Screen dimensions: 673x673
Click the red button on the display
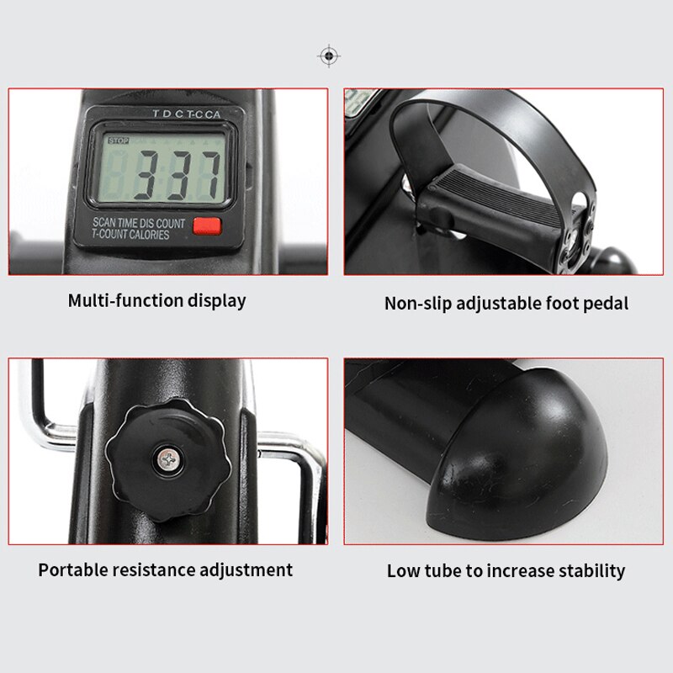click(205, 225)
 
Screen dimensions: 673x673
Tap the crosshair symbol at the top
click(328, 56)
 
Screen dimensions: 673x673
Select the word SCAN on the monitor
click(108, 222)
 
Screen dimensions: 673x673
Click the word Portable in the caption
click(72, 570)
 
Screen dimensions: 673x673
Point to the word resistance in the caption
click(152, 570)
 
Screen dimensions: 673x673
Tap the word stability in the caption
click(591, 571)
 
